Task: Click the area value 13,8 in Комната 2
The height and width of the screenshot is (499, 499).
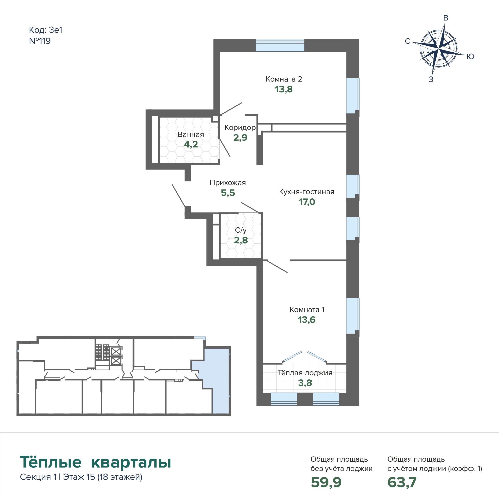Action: tap(284, 89)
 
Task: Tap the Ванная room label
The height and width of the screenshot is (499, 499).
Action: tap(191, 135)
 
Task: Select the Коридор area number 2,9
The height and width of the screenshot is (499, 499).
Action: tap(240, 138)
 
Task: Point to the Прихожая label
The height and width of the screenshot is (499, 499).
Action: tap(228, 183)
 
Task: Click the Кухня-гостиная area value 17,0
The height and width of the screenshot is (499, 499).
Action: tap(307, 202)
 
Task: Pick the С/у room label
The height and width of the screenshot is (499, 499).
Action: tap(241, 230)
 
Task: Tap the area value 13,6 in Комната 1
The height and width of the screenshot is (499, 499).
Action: tap(307, 320)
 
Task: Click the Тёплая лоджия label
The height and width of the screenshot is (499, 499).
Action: tap(305, 373)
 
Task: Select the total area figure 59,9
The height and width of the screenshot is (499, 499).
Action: tap(326, 482)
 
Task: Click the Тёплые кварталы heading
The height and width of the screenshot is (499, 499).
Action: tap(95, 462)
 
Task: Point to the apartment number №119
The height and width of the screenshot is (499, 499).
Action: tap(40, 41)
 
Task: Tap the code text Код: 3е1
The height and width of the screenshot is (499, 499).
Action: tap(46, 30)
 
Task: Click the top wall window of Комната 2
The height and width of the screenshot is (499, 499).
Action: tap(280, 45)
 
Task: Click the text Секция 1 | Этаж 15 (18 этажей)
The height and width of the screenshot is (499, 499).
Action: tap(81, 477)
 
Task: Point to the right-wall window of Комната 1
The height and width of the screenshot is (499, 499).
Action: tap(353, 316)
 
